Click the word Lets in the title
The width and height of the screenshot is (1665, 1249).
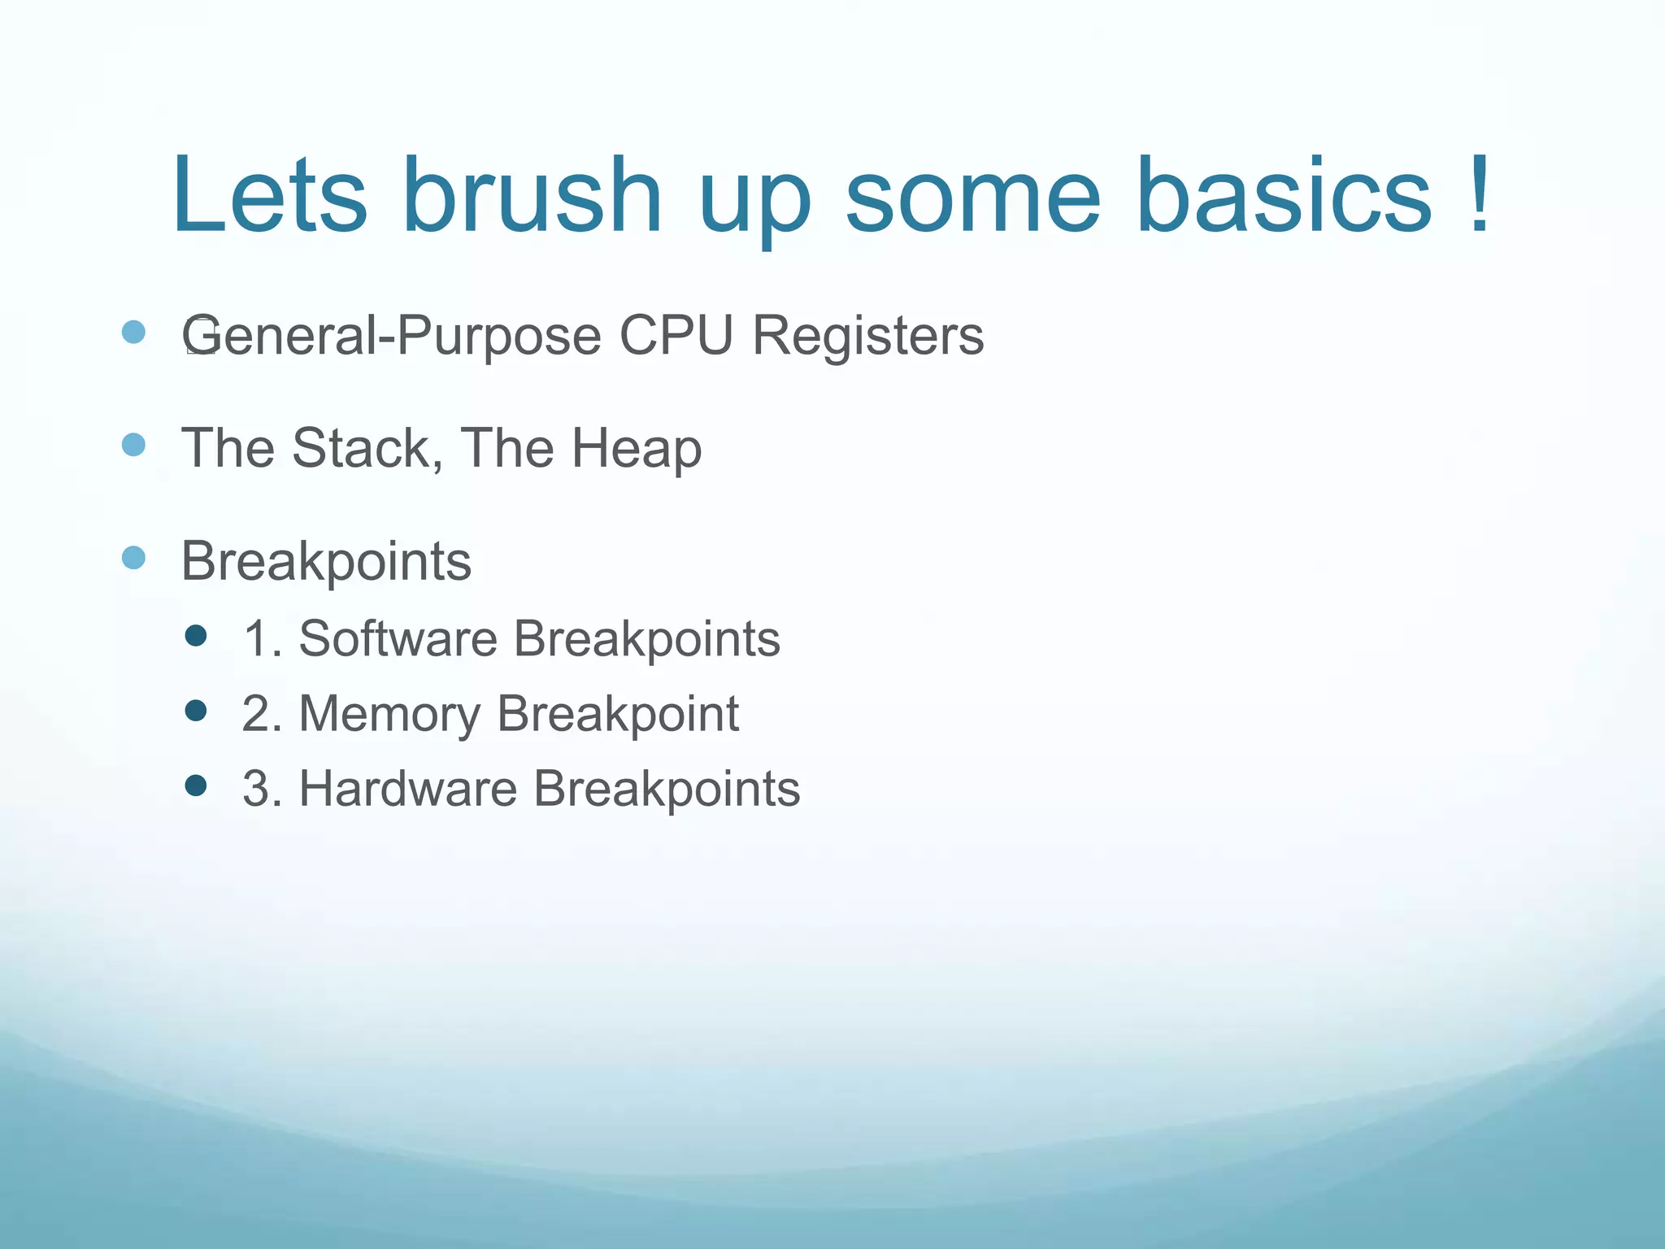pos(269,196)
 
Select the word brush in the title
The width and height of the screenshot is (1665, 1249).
pos(532,196)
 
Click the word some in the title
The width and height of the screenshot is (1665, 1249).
pos(972,196)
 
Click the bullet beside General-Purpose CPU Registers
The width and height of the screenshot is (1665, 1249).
pos(133,333)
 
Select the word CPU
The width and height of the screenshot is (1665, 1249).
pos(676,335)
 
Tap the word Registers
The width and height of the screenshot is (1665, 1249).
pos(867,335)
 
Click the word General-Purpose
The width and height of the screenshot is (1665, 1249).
pos(391,335)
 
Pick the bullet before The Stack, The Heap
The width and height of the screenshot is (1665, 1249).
pos(133,445)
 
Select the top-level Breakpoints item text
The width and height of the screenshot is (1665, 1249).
pos(326,561)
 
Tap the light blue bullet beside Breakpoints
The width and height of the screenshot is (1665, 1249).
pos(133,558)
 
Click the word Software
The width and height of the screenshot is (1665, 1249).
pos(398,638)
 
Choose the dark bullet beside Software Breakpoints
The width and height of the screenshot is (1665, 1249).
pos(196,635)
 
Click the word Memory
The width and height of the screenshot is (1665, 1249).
pos(389,714)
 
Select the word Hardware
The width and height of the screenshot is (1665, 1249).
pos(407,789)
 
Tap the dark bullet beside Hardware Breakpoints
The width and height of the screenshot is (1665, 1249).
pos(196,786)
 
